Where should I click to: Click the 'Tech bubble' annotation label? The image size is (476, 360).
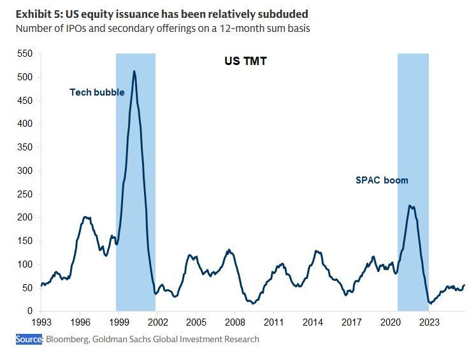click(x=97, y=92)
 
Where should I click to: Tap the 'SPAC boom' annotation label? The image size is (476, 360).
click(x=382, y=180)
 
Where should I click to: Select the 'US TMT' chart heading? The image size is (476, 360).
click(x=245, y=61)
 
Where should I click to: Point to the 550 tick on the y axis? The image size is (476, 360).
click(x=25, y=54)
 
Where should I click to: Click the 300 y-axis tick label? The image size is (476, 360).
click(x=25, y=171)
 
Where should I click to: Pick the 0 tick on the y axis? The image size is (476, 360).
click(x=30, y=311)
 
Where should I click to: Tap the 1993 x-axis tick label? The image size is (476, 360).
click(x=41, y=322)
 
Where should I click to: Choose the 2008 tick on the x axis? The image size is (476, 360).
click(x=235, y=322)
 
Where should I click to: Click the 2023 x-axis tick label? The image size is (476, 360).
click(x=429, y=322)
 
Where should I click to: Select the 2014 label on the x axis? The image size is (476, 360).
click(x=312, y=322)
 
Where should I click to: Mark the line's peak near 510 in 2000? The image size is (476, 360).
click(x=134, y=71)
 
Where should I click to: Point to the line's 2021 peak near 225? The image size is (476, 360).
click(x=410, y=206)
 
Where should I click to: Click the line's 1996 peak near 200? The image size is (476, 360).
click(x=85, y=217)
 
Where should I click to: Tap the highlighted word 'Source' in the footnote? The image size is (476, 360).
click(x=29, y=339)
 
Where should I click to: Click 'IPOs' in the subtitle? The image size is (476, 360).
click(x=76, y=29)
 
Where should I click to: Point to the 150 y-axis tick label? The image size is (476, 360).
click(x=25, y=241)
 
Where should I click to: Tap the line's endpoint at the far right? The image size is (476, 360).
click(x=465, y=285)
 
